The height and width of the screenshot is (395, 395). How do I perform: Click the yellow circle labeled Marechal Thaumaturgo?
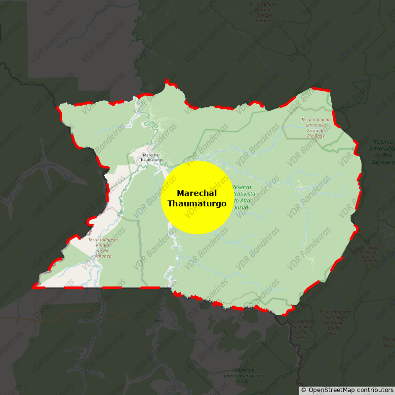[197, 197]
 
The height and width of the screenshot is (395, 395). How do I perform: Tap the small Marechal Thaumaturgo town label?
[151, 158]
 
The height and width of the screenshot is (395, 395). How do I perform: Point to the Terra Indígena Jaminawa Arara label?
[316, 127]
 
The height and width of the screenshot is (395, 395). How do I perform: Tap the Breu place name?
[158, 321]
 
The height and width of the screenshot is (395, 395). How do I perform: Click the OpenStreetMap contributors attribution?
[347, 390]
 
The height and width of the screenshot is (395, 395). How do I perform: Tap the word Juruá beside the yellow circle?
[241, 207]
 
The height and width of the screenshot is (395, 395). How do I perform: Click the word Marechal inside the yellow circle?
[197, 193]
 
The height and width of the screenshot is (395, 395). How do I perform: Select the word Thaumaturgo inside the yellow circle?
[197, 203]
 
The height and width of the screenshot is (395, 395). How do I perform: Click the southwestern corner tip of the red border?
[34, 286]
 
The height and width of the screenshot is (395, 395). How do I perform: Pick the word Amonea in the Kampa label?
[103, 256]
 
